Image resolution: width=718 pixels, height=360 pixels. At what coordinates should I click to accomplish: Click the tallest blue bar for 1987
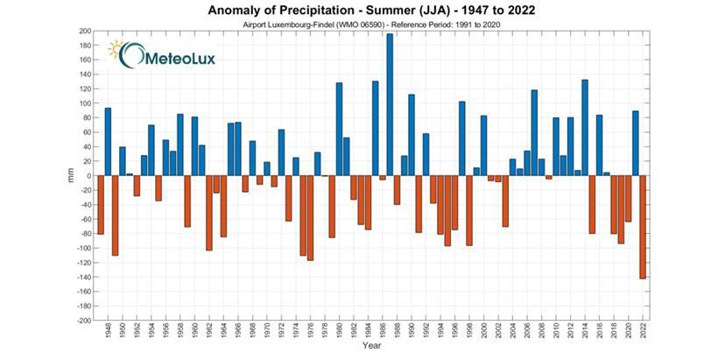pyautogui.click(x=390, y=105)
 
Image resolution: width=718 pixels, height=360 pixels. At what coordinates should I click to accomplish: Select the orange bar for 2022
pyautogui.click(x=643, y=227)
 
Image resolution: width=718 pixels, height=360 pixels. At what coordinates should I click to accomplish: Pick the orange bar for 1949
pyautogui.click(x=115, y=215)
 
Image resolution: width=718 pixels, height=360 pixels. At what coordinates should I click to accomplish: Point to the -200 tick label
pyautogui.click(x=83, y=321)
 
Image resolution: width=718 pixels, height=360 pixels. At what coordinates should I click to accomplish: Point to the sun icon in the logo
pyautogui.click(x=116, y=49)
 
